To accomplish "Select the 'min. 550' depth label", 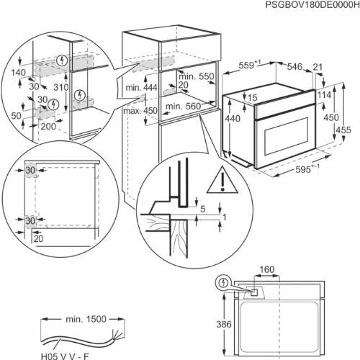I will click(x=195, y=76).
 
